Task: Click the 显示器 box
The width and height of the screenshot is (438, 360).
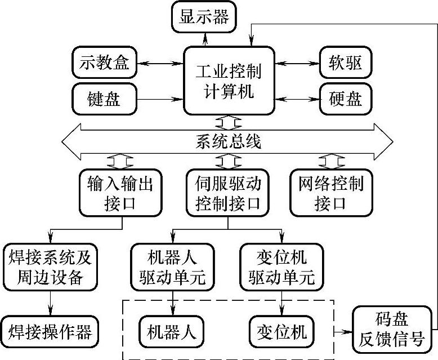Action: click(204, 17)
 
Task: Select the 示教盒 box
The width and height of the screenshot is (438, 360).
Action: click(105, 63)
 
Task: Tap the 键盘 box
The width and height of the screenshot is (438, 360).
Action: click(105, 100)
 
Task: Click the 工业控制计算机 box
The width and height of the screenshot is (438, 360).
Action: click(229, 81)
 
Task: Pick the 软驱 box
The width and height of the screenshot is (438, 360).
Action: click(346, 63)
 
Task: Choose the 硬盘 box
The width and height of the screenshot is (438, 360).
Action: click(346, 100)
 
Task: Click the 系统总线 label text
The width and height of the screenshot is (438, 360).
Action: click(229, 141)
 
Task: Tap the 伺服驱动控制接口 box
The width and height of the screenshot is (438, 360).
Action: click(228, 193)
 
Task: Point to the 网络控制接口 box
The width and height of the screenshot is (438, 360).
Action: click(330, 193)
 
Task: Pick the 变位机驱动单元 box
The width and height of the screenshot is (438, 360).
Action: click(281, 267)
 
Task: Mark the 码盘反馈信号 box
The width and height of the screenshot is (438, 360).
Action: click(392, 328)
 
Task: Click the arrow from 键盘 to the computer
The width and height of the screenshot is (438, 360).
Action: click(160, 100)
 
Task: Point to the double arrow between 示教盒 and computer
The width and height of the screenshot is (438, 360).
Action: click(160, 63)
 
